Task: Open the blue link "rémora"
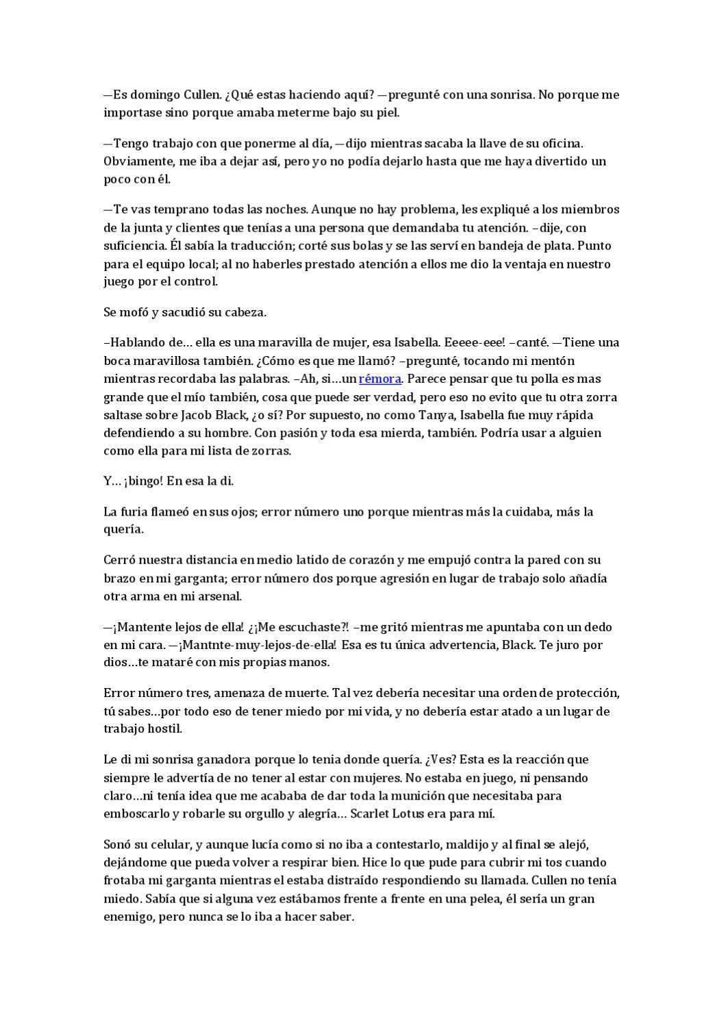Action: click(380, 379)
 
